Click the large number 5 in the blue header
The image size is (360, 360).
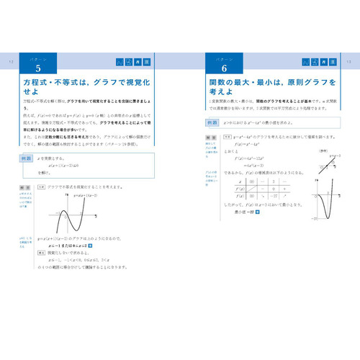click(x=38, y=68)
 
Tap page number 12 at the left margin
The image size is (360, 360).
click(x=11, y=62)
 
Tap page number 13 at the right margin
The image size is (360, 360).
click(x=349, y=62)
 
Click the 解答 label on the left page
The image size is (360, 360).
click(x=42, y=186)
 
